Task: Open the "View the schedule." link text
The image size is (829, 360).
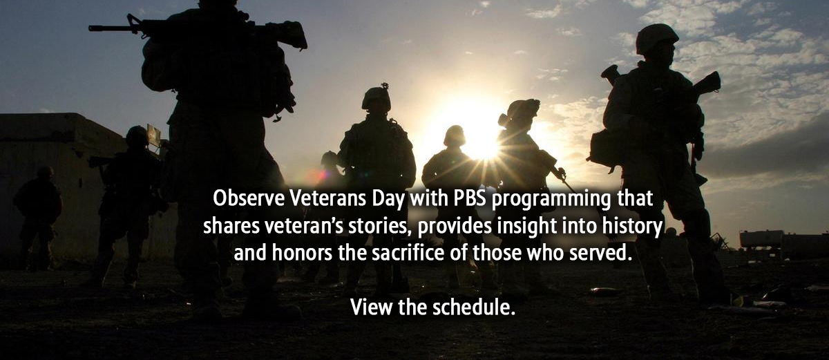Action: (432, 307)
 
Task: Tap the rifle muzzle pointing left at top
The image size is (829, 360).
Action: (92, 28)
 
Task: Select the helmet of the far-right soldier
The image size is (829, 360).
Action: (656, 39)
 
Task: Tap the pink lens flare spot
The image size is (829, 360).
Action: (323, 174)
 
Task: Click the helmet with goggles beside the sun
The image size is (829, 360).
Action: (520, 111)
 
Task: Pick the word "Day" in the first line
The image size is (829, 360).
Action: (388, 200)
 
